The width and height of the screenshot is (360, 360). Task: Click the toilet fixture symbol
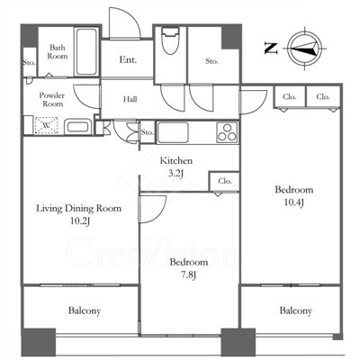[170, 40]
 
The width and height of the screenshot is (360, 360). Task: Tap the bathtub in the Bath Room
[86, 51]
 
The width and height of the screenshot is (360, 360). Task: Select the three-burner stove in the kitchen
[227, 132]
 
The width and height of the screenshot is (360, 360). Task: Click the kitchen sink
[173, 132]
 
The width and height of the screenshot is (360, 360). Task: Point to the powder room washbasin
[78, 127]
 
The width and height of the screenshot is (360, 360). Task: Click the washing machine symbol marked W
[46, 125]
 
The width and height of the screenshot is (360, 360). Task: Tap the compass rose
[305, 49]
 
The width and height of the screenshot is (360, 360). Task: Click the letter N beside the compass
[271, 49]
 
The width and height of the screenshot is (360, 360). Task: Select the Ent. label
[128, 59]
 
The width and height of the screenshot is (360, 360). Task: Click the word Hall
[130, 99]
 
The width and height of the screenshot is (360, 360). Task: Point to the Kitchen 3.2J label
[175, 166]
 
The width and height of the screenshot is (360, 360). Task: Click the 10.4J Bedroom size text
[294, 202]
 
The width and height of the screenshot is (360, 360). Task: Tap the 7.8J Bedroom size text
[189, 274]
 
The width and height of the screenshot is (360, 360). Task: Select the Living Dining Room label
[79, 208]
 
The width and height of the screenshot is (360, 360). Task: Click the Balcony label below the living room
[85, 310]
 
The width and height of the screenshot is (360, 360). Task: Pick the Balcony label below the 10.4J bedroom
[295, 310]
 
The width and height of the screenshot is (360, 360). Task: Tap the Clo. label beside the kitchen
[225, 181]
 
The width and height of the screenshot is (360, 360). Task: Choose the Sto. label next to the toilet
[211, 61]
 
